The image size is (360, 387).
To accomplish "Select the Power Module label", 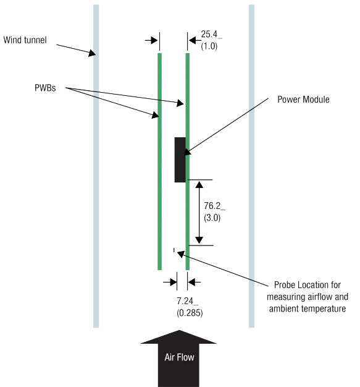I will pyautogui.click(x=303, y=99).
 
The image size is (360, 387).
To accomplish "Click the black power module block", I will pyautogui.click(x=180, y=159).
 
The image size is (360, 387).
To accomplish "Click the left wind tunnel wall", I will pyautogui.click(x=96, y=185).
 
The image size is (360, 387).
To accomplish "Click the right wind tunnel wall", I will pyautogui.click(x=251, y=185).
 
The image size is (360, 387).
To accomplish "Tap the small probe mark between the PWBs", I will pyautogui.click(x=175, y=250).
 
